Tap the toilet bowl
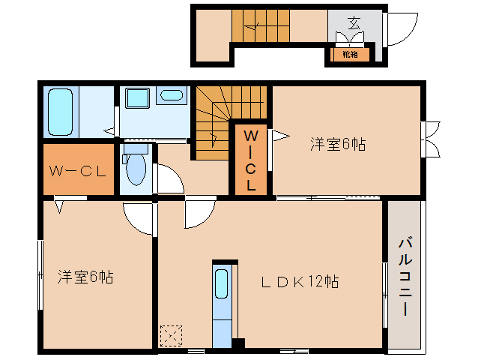(x=136, y=166)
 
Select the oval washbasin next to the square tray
(x=171, y=96)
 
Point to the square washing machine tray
(x=137, y=100)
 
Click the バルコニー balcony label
(x=405, y=277)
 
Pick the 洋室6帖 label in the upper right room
(x=338, y=145)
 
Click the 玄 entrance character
(x=353, y=22)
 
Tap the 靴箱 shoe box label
(x=350, y=54)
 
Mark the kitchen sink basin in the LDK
(x=222, y=285)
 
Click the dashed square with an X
(x=171, y=335)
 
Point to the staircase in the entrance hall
(x=258, y=28)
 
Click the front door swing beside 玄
(x=400, y=28)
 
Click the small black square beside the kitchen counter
(x=238, y=344)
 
